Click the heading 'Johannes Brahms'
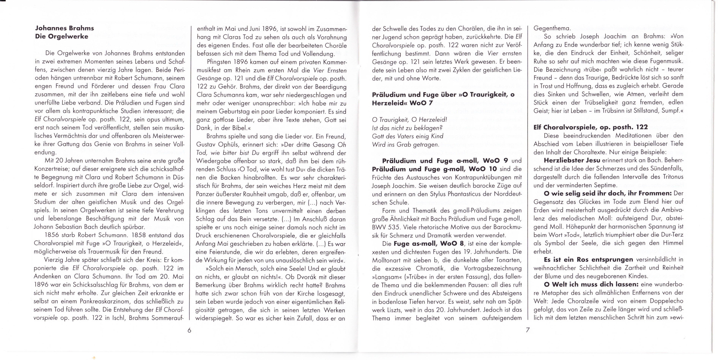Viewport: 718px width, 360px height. click(64, 28)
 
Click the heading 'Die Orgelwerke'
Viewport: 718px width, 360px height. click(62, 37)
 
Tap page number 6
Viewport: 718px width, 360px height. click(189, 330)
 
